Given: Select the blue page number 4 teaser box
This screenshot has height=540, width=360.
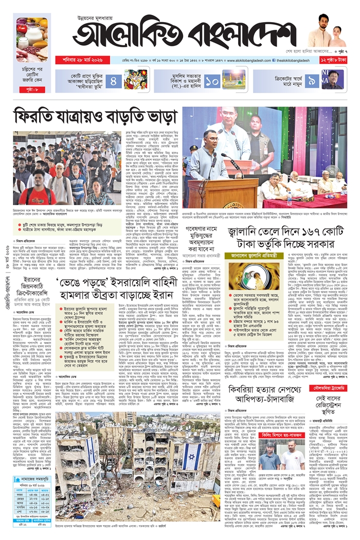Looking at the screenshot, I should pos(114,80).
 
